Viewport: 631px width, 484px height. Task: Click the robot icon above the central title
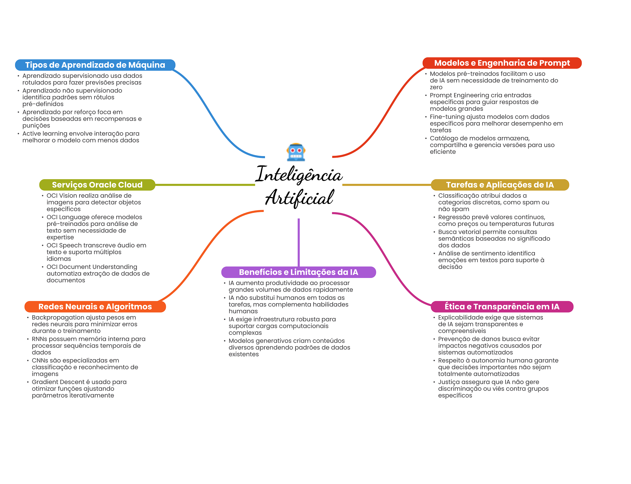point(296,152)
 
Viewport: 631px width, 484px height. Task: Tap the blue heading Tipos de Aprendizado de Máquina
point(95,65)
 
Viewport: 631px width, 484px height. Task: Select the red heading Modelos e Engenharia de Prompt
point(502,63)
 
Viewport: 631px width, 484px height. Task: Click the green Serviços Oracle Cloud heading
point(97,185)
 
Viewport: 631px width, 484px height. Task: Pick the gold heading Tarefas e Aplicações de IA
point(500,185)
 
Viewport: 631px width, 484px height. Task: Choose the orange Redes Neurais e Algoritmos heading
point(95,307)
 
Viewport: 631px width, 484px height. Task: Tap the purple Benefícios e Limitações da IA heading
point(299,272)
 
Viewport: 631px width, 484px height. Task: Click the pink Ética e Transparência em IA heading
point(502,307)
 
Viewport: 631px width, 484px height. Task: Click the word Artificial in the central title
point(299,198)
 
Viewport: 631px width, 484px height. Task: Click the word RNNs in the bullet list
point(39,339)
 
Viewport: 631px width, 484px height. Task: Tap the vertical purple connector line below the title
point(299,242)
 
